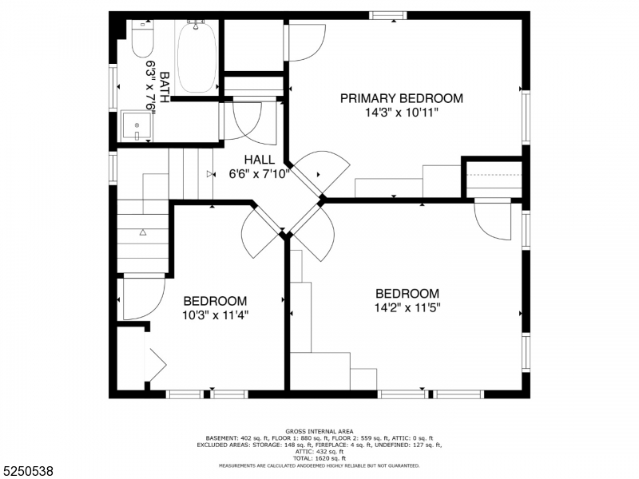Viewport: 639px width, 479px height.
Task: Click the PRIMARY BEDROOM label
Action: click(401, 98)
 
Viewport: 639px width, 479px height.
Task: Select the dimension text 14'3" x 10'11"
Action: click(401, 113)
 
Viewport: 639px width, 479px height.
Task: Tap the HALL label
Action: click(260, 160)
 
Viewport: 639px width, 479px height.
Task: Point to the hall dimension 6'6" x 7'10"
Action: click(260, 173)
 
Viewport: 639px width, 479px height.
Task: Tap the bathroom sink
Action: click(136, 126)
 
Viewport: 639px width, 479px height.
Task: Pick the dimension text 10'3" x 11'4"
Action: click(215, 315)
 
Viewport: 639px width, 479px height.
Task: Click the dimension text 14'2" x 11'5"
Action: click(407, 307)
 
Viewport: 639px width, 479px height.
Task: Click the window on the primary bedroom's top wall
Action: click(387, 14)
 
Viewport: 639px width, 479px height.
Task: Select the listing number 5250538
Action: click(28, 471)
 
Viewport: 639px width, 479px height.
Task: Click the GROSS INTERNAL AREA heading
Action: click(319, 431)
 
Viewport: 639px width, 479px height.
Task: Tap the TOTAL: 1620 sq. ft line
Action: click(319, 458)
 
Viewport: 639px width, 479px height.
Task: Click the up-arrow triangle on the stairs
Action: click(143, 232)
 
